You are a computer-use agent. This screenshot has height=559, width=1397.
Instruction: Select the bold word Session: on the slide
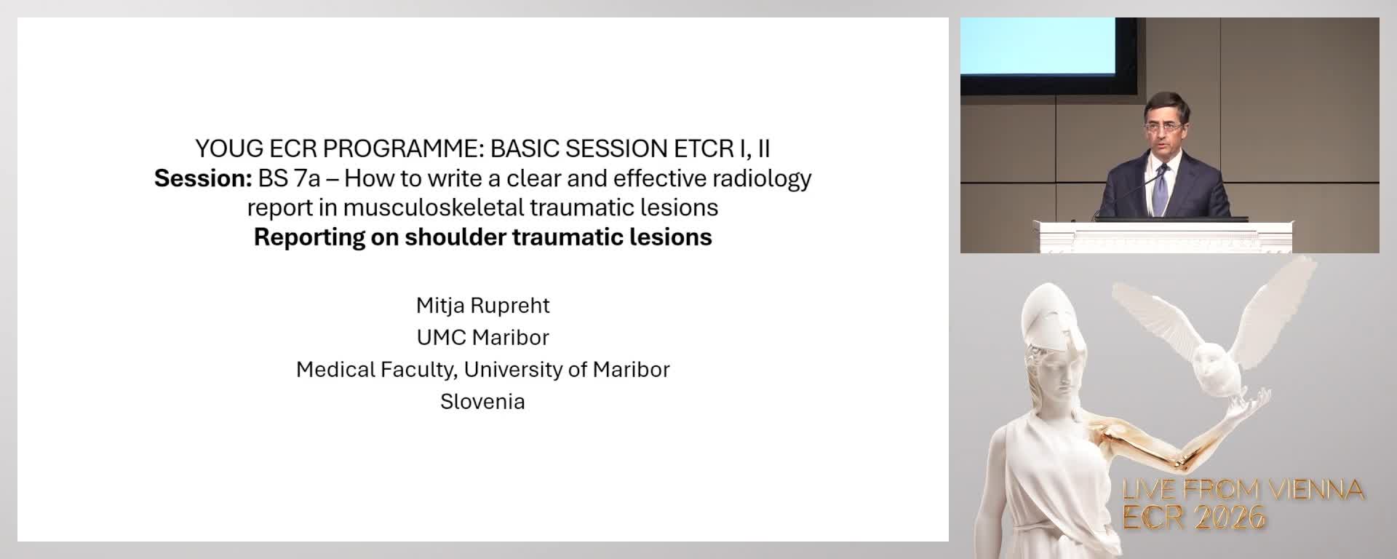203,178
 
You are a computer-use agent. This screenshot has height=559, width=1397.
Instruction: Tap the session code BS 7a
289,178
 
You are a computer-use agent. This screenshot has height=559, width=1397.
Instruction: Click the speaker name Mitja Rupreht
482,305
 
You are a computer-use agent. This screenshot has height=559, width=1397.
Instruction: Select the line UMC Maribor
482,337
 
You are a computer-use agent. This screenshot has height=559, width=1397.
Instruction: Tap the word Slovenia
482,401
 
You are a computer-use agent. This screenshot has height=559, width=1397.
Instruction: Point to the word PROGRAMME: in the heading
402,148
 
